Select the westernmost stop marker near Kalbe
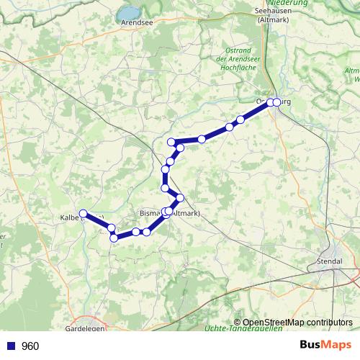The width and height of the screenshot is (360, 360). [84, 213]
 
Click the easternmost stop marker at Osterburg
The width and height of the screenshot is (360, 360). [277, 102]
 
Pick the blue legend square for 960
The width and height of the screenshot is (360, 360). [10, 346]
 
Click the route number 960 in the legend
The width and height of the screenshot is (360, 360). [30, 346]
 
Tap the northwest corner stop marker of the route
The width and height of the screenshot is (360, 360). [171, 141]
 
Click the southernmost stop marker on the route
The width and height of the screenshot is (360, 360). [114, 238]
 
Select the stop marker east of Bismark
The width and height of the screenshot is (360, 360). [180, 197]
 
